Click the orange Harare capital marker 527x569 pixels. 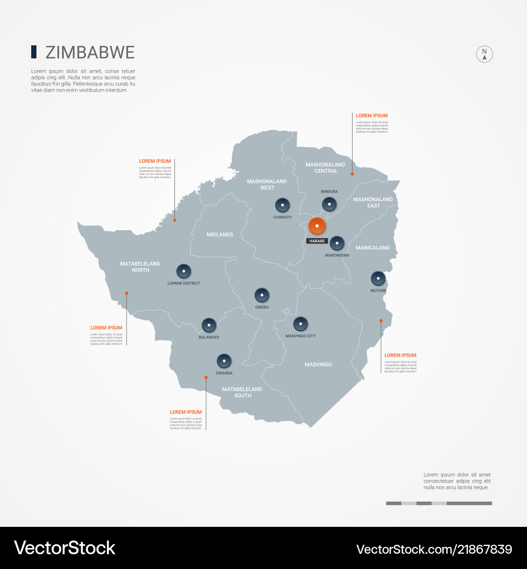coord(317,226)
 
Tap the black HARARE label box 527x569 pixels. coord(317,241)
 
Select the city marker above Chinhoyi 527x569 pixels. coord(282,205)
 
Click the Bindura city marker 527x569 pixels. coord(329,204)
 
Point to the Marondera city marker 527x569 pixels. coord(337,243)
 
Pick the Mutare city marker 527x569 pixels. coord(378,278)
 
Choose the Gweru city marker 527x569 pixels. coord(262,295)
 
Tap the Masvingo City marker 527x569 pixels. coord(300,323)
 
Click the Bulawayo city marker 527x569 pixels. coord(209,325)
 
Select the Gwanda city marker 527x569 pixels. coord(224,361)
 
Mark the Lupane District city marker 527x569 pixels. coord(183,271)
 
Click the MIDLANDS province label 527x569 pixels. coord(220,234)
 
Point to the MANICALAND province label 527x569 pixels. coord(373,248)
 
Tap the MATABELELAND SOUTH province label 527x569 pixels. coord(242,393)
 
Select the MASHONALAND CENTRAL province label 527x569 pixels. coord(326,168)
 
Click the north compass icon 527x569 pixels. coord(485,54)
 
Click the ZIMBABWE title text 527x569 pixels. coord(90,53)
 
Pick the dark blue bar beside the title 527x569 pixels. coord(34,52)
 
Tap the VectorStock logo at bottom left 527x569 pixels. coord(65,548)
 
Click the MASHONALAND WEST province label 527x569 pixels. coord(267,184)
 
